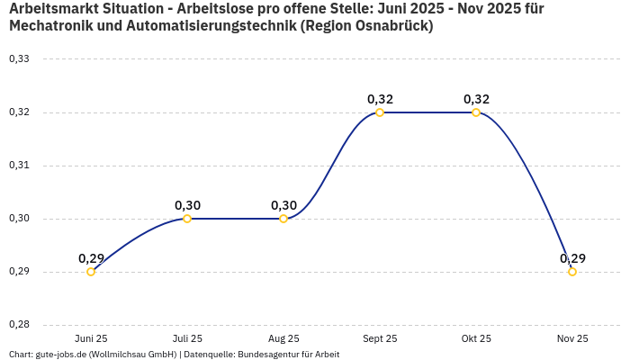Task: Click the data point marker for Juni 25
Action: click(91, 272)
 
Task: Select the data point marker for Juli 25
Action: click(187, 219)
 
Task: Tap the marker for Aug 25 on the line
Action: click(283, 219)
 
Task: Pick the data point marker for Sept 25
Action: click(380, 112)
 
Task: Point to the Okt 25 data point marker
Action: click(476, 112)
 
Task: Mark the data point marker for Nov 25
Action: click(572, 272)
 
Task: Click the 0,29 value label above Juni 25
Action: click(91, 258)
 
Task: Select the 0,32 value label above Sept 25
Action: click(380, 99)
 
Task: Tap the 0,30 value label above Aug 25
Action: click(283, 205)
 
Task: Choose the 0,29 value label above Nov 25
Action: click(572, 258)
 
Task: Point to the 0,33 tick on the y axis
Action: click(19, 59)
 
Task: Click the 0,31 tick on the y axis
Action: click(19, 166)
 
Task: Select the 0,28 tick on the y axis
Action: click(19, 325)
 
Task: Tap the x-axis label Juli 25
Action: click(187, 338)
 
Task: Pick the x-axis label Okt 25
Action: click(476, 338)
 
